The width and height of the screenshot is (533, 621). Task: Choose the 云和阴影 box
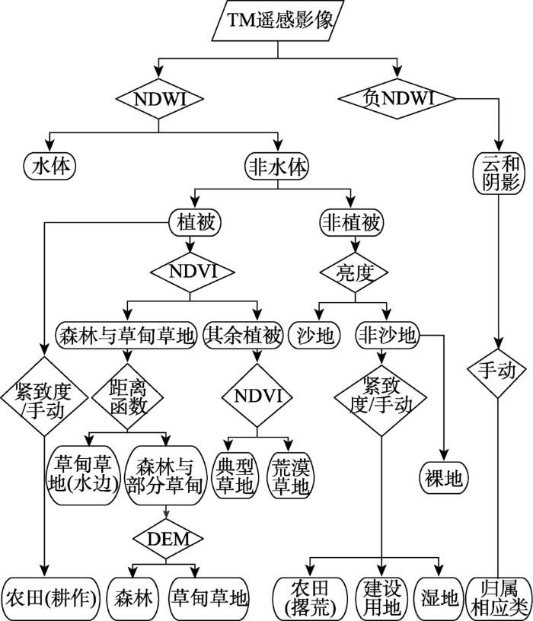498,174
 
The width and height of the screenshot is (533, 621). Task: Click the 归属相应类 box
498,597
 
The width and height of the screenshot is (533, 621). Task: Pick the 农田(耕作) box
51,597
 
